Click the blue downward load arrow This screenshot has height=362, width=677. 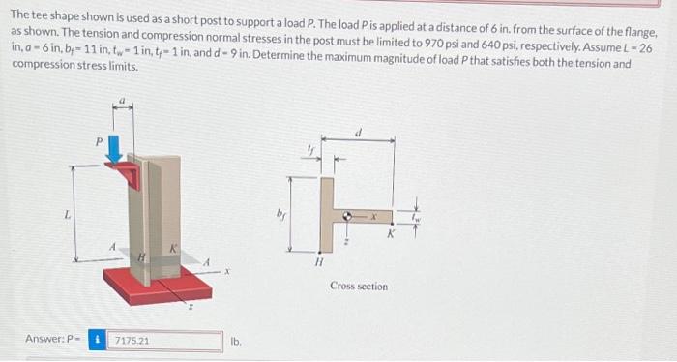(x=115, y=152)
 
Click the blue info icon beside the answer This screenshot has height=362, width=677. (x=98, y=341)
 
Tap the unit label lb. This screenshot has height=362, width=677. (x=235, y=341)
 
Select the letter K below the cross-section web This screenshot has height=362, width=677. (x=391, y=233)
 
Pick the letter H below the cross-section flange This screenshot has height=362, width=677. (x=317, y=259)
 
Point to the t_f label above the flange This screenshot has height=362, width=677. (x=311, y=148)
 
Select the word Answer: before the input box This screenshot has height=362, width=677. (x=44, y=341)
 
